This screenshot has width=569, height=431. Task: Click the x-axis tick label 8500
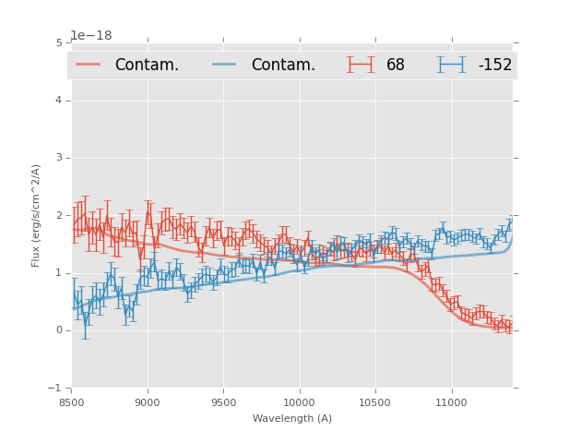click(x=72, y=402)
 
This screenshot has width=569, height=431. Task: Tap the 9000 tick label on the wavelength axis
click(x=148, y=402)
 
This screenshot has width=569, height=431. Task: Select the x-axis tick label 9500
click(x=223, y=402)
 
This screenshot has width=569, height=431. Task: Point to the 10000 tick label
click(x=299, y=402)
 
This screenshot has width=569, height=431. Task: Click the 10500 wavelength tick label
click(x=374, y=402)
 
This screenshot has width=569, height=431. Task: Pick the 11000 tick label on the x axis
click(x=451, y=402)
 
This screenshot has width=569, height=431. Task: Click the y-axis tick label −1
click(x=57, y=389)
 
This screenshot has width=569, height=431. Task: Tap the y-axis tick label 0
click(x=59, y=330)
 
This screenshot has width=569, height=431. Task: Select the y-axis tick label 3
click(x=59, y=158)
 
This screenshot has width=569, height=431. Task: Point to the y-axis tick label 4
click(x=59, y=100)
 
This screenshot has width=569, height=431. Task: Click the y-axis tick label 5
click(x=59, y=42)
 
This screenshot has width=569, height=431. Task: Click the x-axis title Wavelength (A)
click(x=292, y=419)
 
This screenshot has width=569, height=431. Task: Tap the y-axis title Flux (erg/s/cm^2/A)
click(x=37, y=215)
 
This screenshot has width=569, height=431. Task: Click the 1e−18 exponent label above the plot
click(x=91, y=36)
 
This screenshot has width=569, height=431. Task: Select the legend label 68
click(x=396, y=66)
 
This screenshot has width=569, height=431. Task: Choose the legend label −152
click(x=494, y=66)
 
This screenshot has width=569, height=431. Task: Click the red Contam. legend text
click(x=147, y=66)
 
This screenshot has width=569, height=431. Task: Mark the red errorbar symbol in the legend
click(x=361, y=65)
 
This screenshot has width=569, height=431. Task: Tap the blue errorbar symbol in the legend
click(x=451, y=65)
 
